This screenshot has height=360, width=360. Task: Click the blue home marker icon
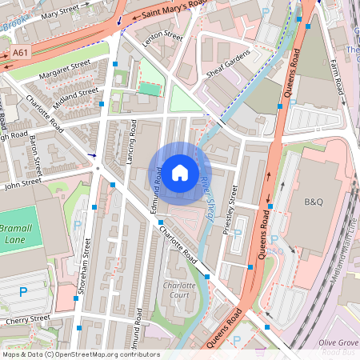point(180,172)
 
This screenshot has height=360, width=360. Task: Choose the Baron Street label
point(35,155)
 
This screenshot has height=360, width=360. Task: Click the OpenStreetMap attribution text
point(80,354)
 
